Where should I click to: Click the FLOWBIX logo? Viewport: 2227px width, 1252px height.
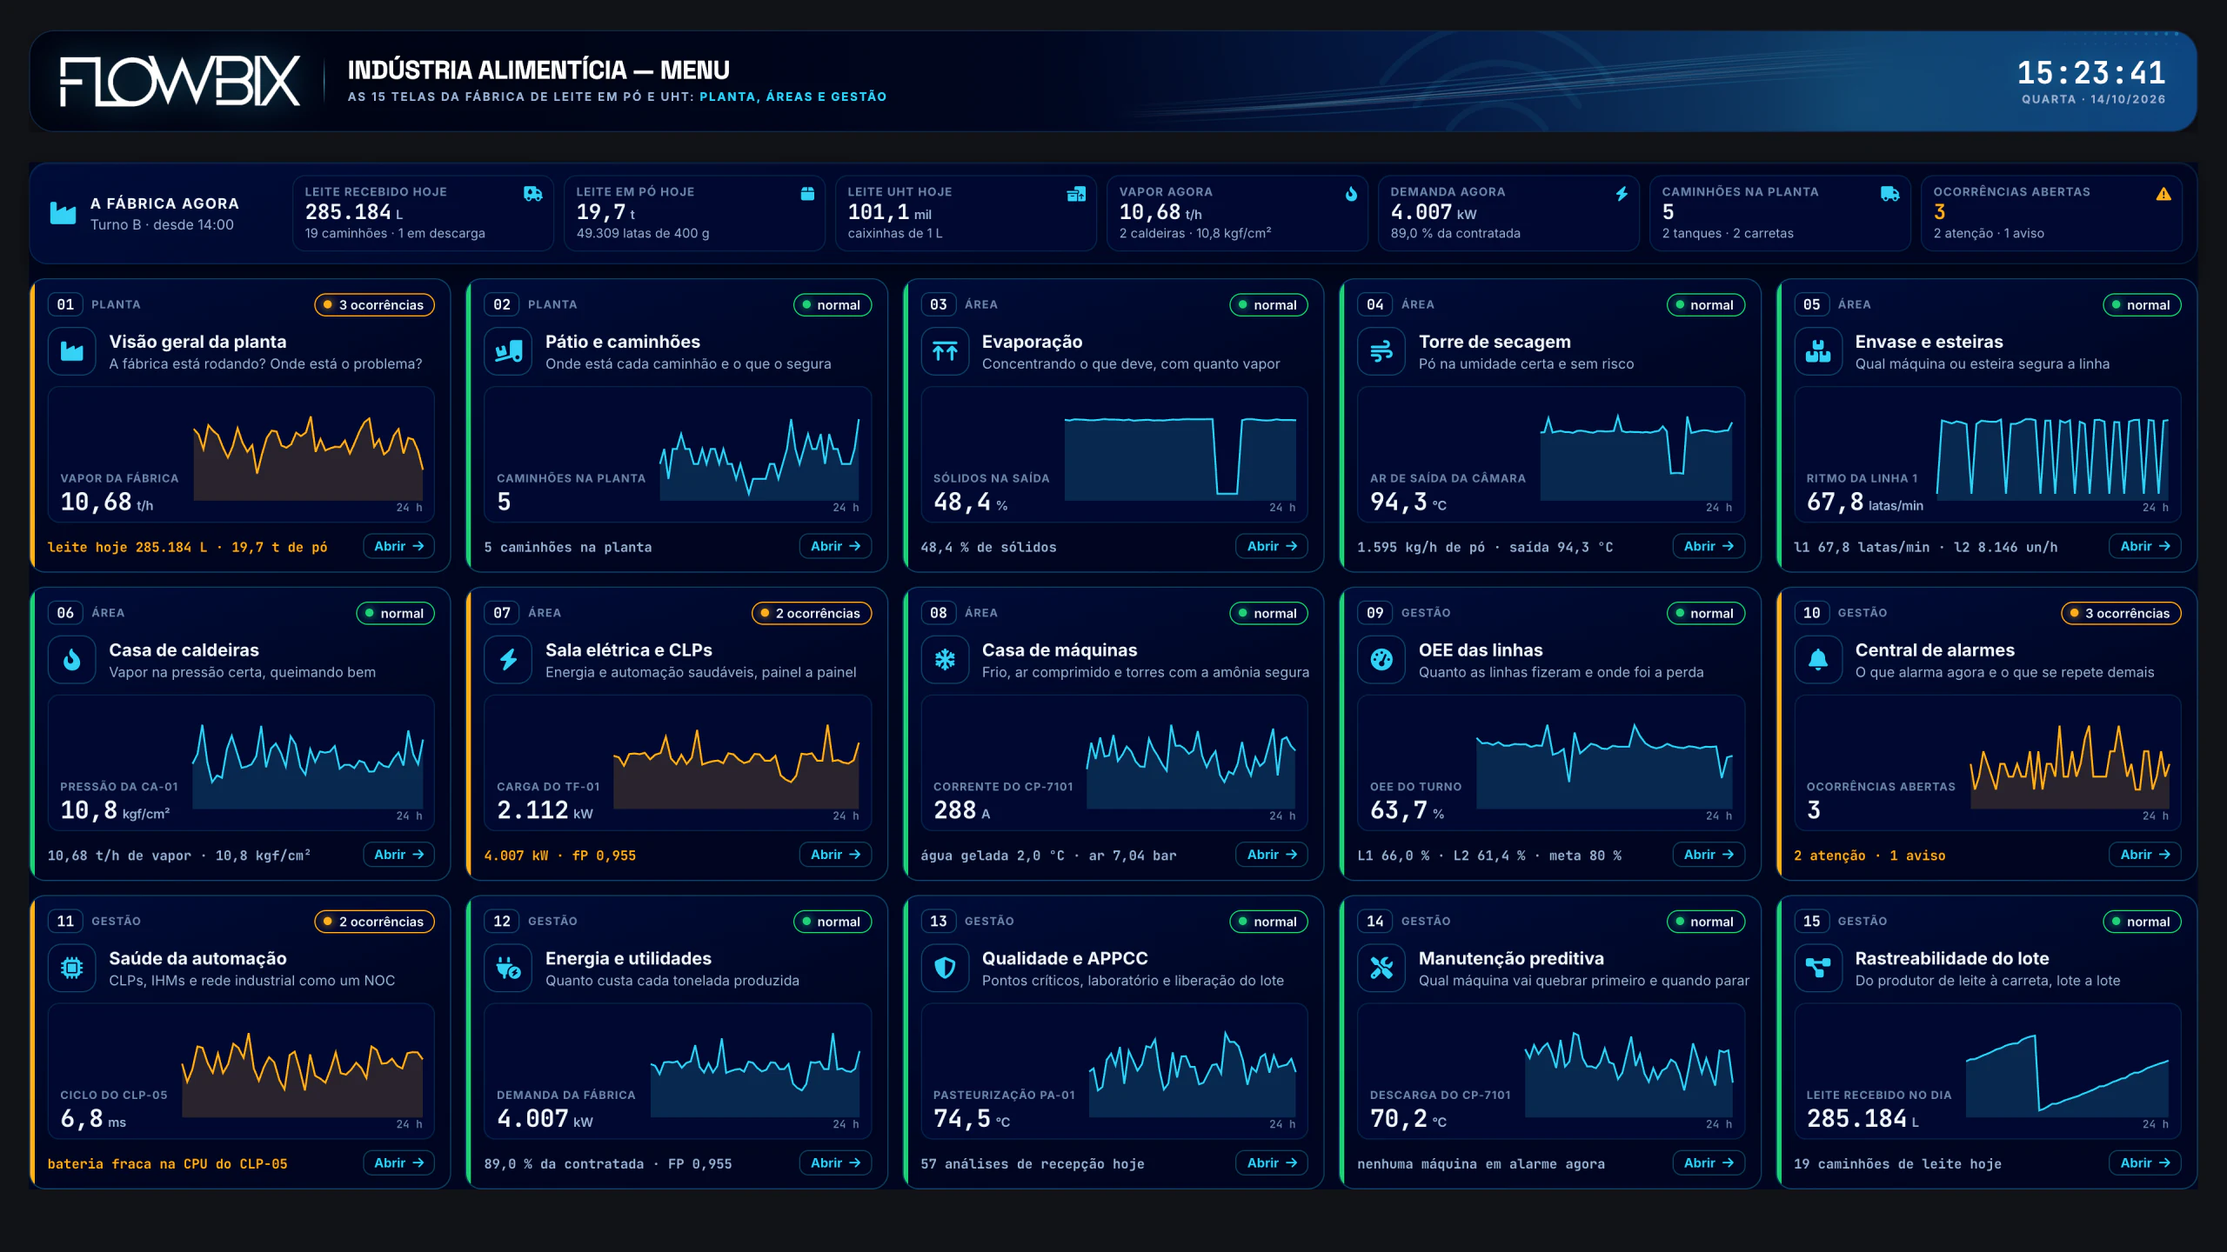[x=180, y=81]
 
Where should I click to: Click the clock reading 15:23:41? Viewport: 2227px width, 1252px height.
[x=2091, y=72]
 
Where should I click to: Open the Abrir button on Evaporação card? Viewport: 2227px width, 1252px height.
[x=1271, y=546]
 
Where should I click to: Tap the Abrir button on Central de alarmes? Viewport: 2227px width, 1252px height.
[x=2144, y=855]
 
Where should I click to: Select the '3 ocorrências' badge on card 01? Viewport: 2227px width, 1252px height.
[x=374, y=304]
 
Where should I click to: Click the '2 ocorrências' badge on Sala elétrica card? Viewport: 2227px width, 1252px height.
[x=811, y=613]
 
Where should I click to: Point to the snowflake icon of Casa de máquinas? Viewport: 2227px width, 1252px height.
[x=945, y=660]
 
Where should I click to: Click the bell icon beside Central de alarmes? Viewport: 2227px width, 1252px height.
[x=1818, y=660]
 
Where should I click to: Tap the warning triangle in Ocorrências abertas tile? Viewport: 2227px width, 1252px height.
[x=2163, y=194]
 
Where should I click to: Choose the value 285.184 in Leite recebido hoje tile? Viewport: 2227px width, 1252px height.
[x=348, y=212]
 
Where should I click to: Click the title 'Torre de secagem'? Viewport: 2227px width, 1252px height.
[x=1495, y=342]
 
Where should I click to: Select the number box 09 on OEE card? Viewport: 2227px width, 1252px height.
[x=1374, y=613]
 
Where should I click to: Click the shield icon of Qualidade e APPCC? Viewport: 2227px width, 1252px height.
[x=945, y=968]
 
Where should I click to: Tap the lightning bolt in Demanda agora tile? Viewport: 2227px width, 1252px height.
[x=1622, y=194]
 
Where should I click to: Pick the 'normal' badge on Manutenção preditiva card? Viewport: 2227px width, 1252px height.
[x=1705, y=922]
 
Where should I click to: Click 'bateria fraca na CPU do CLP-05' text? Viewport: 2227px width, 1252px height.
[x=167, y=1163]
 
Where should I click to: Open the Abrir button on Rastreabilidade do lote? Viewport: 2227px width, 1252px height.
[x=2144, y=1162]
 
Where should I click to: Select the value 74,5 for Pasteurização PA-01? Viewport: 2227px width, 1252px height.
[x=961, y=1118]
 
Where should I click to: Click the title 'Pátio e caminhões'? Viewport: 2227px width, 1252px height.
[x=622, y=342]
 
